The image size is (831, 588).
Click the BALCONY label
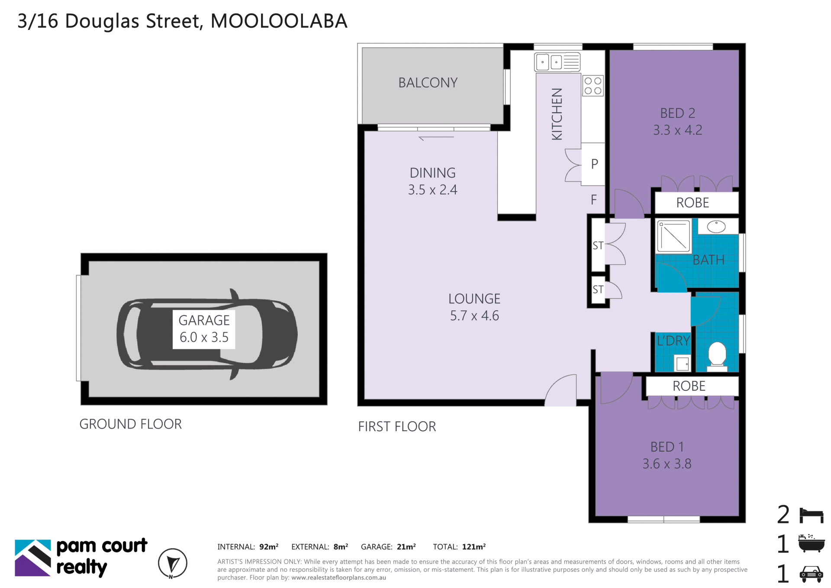428,83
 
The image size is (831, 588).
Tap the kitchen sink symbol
557,62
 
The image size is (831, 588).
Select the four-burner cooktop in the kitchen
593,85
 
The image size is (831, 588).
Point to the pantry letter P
595,164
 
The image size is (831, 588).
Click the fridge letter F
594,199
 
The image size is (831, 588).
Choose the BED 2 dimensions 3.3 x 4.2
677,130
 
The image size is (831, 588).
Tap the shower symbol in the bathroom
673,236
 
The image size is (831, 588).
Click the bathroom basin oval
716,226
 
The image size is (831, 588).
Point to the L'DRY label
673,341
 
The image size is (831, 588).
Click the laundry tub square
682,363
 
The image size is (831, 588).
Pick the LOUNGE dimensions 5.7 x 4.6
474,315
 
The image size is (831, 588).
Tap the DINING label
432,173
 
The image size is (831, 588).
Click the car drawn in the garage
207,335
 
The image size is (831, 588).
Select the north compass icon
172,563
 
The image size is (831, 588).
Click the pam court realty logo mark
33,558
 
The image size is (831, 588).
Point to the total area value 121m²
473,547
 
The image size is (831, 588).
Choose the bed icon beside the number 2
812,516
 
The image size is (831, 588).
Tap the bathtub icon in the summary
812,543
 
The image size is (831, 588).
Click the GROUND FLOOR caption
130,424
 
